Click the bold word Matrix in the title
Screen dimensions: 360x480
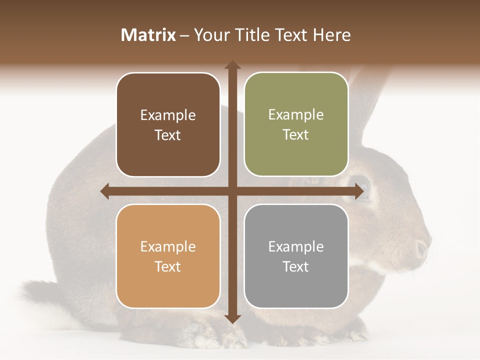click(148, 35)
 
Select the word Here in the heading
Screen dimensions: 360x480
click(331, 35)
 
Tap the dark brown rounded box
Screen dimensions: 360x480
click(168, 124)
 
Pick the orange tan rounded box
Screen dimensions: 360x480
click(168, 256)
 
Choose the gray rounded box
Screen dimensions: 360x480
click(296, 256)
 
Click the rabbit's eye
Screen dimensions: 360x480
click(361, 186)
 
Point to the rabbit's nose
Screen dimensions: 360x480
click(422, 247)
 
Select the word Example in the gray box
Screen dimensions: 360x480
click(296, 246)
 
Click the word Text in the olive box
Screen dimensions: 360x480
click(296, 134)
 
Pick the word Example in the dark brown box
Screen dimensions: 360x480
click(168, 115)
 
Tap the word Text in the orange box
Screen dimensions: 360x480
click(168, 266)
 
